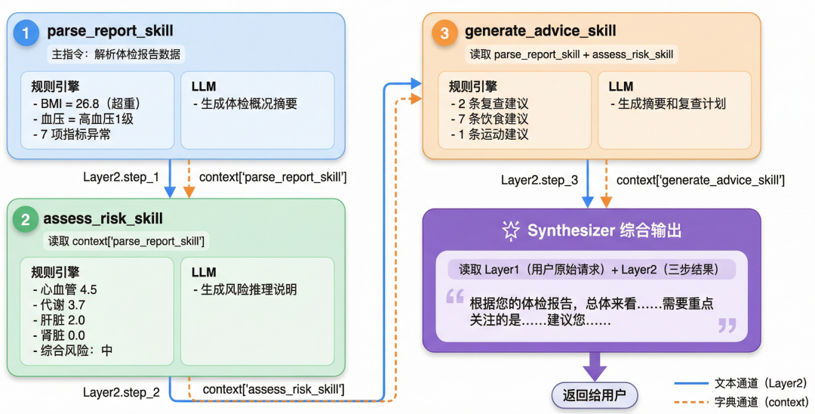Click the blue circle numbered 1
26,33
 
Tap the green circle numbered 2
25,220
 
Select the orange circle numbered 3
444,33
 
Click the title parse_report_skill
110,31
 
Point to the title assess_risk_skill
103,218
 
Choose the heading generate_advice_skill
540,31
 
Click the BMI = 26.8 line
87,104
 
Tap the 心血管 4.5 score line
64,289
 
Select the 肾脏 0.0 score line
59,335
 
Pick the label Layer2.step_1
121,177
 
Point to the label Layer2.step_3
540,181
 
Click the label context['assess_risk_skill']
273,389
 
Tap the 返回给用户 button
594,395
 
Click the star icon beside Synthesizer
511,230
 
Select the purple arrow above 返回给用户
595,366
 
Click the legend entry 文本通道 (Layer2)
740,384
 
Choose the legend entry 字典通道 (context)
741,402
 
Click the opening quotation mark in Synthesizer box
455,297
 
